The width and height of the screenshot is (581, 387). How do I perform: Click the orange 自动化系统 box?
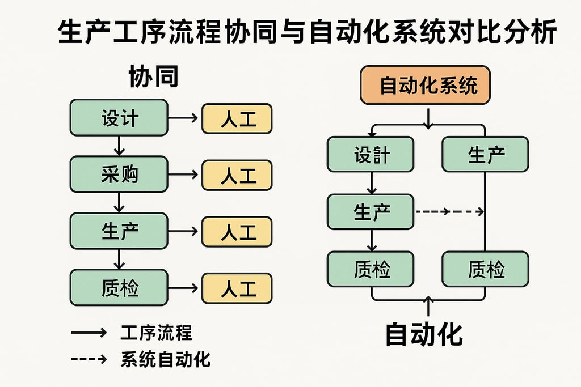pyautogui.click(x=425, y=86)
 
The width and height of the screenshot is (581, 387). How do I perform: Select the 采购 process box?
pyautogui.click(x=119, y=175)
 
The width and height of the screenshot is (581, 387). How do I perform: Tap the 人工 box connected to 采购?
pyautogui.click(x=237, y=175)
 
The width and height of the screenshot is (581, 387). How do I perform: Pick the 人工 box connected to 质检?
pyautogui.click(x=237, y=288)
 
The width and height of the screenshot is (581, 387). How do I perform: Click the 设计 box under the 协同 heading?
pyautogui.click(x=119, y=118)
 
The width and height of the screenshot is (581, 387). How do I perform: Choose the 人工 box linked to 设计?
pyautogui.click(x=237, y=118)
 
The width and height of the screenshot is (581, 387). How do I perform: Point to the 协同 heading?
pyautogui.click(x=154, y=76)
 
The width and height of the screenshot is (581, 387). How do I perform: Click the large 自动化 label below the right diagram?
pyautogui.click(x=424, y=334)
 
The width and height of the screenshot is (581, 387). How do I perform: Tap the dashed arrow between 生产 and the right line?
pyautogui.click(x=449, y=212)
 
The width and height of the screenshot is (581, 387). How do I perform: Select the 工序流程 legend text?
pyautogui.click(x=156, y=333)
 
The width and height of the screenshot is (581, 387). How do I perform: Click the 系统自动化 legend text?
pyautogui.click(x=165, y=359)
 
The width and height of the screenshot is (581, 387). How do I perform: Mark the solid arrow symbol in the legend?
pyautogui.click(x=89, y=333)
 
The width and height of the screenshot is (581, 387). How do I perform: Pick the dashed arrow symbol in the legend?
pyautogui.click(x=89, y=359)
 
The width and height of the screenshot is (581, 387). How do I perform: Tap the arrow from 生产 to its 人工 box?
pyautogui.click(x=184, y=232)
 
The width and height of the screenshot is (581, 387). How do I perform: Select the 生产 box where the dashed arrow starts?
pyautogui.click(x=371, y=212)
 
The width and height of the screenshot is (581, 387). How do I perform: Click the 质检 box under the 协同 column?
pyautogui.click(x=119, y=288)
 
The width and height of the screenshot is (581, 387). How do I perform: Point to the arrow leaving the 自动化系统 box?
pyautogui.click(x=428, y=116)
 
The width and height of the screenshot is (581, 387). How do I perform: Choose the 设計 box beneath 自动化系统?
pyautogui.click(x=371, y=154)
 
